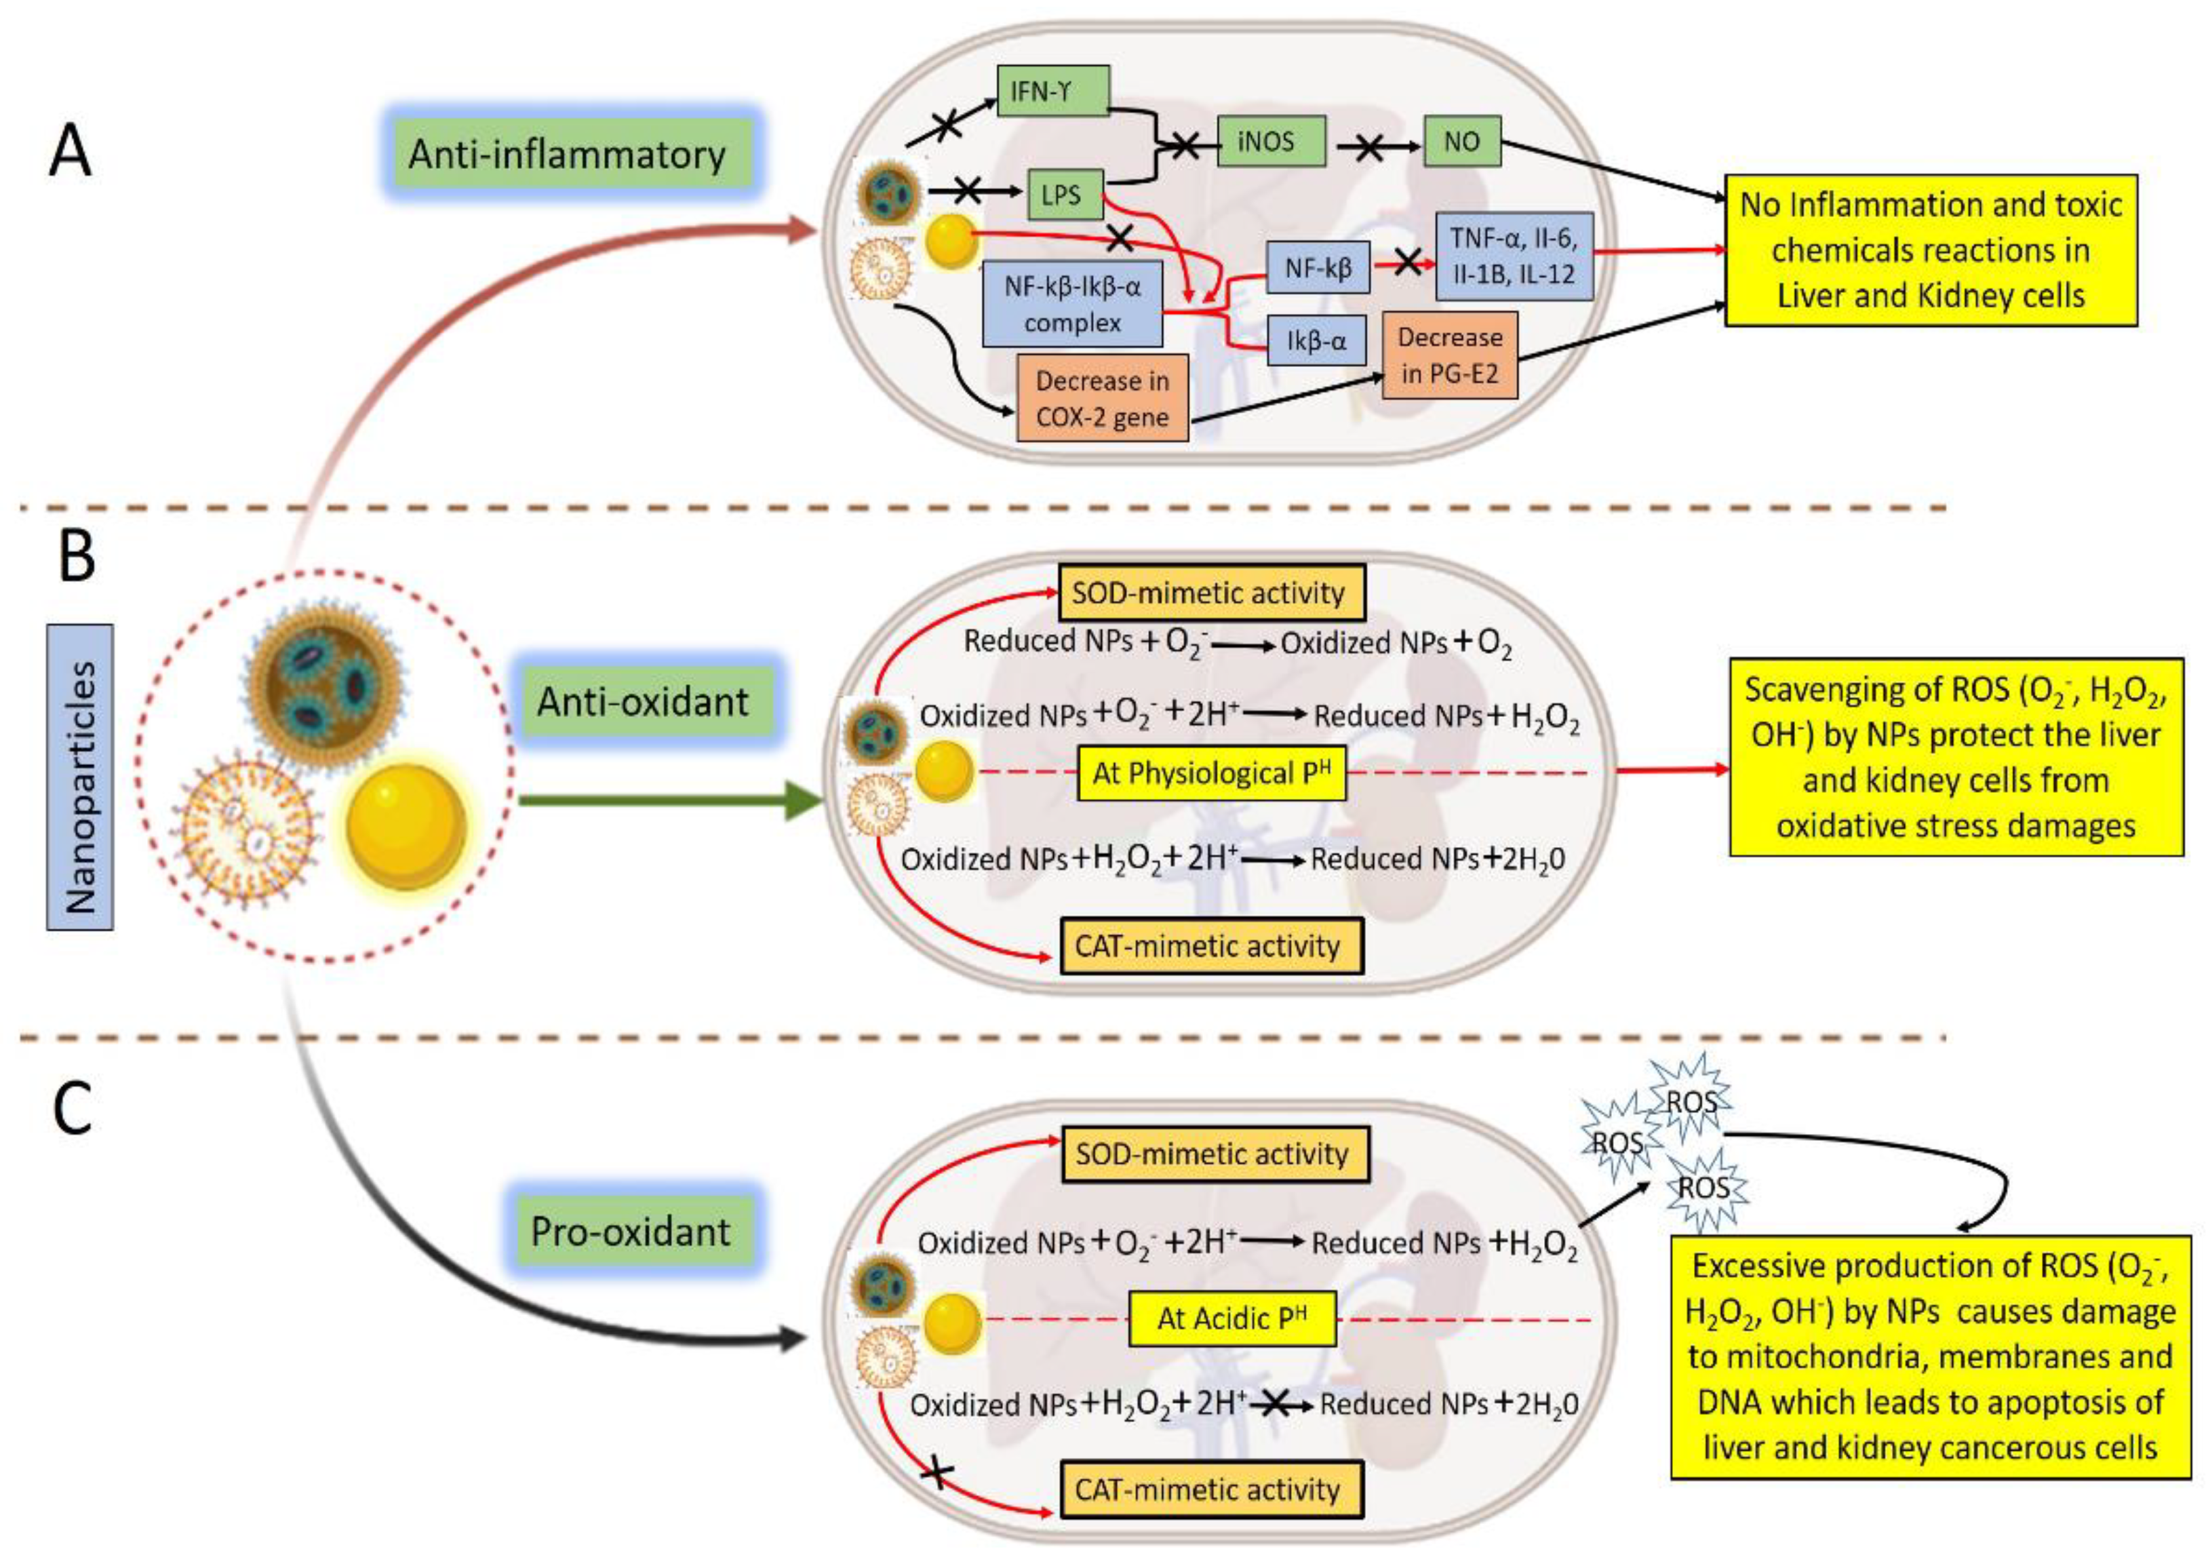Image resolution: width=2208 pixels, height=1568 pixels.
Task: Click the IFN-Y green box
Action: tap(1052, 92)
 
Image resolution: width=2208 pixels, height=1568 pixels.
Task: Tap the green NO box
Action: tap(1461, 142)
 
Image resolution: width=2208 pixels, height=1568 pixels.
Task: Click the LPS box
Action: tap(1061, 196)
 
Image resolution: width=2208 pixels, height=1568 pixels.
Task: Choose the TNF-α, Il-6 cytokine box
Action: tap(1513, 256)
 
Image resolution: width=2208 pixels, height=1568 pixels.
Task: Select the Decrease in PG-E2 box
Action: tap(1449, 355)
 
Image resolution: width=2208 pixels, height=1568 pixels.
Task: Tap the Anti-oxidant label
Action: tap(642, 701)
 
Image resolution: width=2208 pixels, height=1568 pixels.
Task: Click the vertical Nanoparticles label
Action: tap(80, 777)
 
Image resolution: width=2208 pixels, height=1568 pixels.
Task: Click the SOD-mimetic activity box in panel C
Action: tap(1215, 1154)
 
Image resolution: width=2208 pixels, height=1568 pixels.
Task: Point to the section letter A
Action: tap(70, 153)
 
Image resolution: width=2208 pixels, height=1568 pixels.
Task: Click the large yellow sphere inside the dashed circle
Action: tap(406, 825)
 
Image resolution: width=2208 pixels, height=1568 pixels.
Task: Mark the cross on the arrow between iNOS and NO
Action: tap(1368, 146)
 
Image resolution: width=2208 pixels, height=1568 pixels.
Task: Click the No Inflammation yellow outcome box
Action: tap(1930, 250)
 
